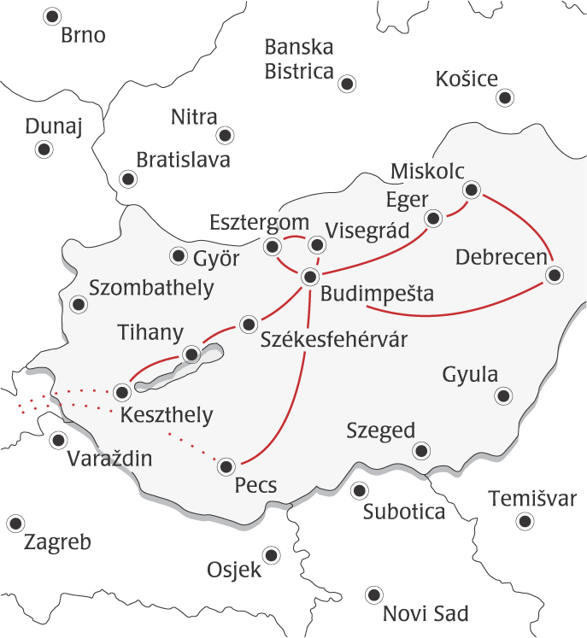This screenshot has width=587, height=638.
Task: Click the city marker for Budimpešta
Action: pos(310,276)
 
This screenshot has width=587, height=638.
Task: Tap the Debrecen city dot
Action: pos(555,275)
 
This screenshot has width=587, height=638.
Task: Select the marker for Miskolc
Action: pos(471,190)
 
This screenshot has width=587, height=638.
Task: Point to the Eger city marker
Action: pos(433,218)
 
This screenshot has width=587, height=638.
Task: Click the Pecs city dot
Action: pos(226,465)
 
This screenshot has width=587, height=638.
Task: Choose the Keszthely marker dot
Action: pos(122,393)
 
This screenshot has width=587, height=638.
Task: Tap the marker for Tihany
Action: pos(191,354)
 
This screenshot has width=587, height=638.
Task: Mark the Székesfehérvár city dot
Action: pos(249,324)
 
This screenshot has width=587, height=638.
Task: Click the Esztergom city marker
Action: pos(273,248)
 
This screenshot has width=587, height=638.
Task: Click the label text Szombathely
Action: pos(151,288)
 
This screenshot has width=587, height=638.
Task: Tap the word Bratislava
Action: pos(183,159)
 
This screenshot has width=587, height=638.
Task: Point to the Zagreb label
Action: pos(57,542)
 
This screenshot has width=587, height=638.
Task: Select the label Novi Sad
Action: pos(426,613)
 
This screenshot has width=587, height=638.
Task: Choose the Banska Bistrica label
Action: pos(299,59)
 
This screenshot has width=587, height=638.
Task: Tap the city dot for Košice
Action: pos(506,98)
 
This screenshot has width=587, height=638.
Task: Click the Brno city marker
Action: pos(53,15)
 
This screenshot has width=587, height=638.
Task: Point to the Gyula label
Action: pos(470,374)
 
